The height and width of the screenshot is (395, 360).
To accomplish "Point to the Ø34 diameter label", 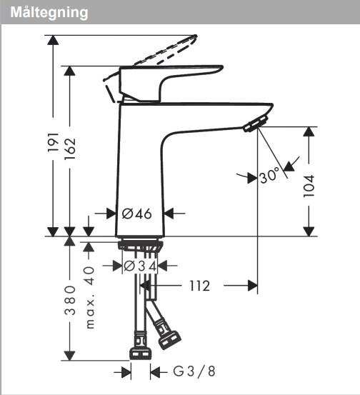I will tap(139, 266).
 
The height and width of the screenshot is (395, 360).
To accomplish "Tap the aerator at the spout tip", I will tap(254, 125).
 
